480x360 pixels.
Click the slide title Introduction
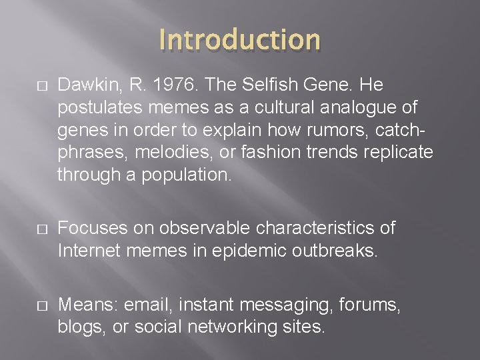[240, 40]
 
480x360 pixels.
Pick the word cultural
[254, 108]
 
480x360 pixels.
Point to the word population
[193, 175]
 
